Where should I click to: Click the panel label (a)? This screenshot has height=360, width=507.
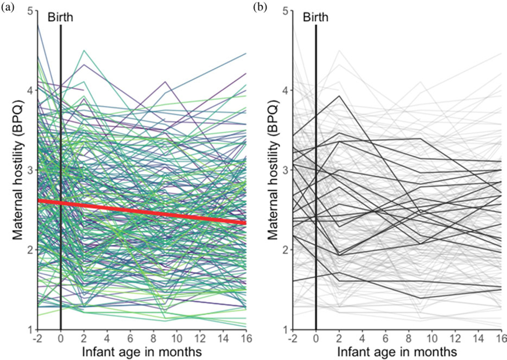(9, 7)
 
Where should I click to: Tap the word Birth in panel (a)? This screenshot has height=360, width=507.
(60, 18)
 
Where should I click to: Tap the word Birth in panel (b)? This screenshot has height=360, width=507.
(315, 18)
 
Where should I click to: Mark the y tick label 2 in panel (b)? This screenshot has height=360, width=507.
(286, 249)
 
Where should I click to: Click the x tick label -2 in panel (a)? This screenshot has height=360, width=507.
(37, 338)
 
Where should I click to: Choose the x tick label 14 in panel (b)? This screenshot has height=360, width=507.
(479, 338)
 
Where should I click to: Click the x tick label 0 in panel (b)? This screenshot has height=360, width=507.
(316, 338)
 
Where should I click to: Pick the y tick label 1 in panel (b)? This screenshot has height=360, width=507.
(286, 330)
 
